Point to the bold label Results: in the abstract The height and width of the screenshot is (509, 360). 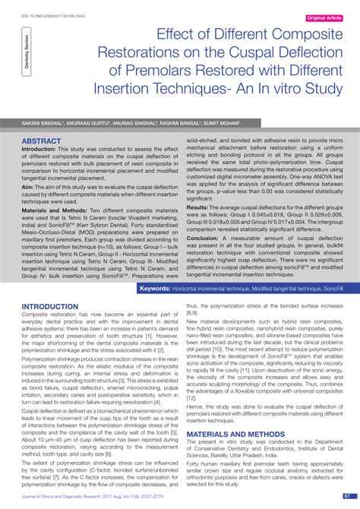(x=198, y=207)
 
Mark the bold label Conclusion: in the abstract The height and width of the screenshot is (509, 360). (x=204, y=236)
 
